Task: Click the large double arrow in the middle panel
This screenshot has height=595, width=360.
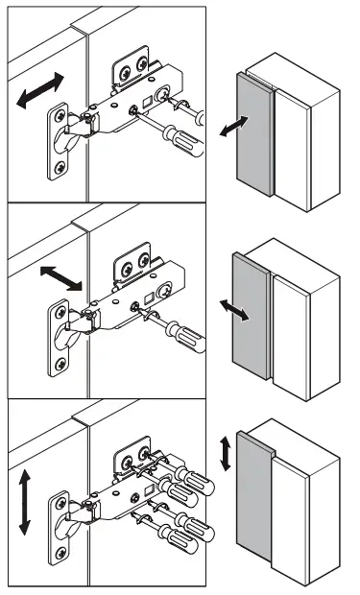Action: pos(60,279)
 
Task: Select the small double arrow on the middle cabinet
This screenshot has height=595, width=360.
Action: pos(234,309)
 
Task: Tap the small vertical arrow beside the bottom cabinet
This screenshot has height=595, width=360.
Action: pos(227,451)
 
